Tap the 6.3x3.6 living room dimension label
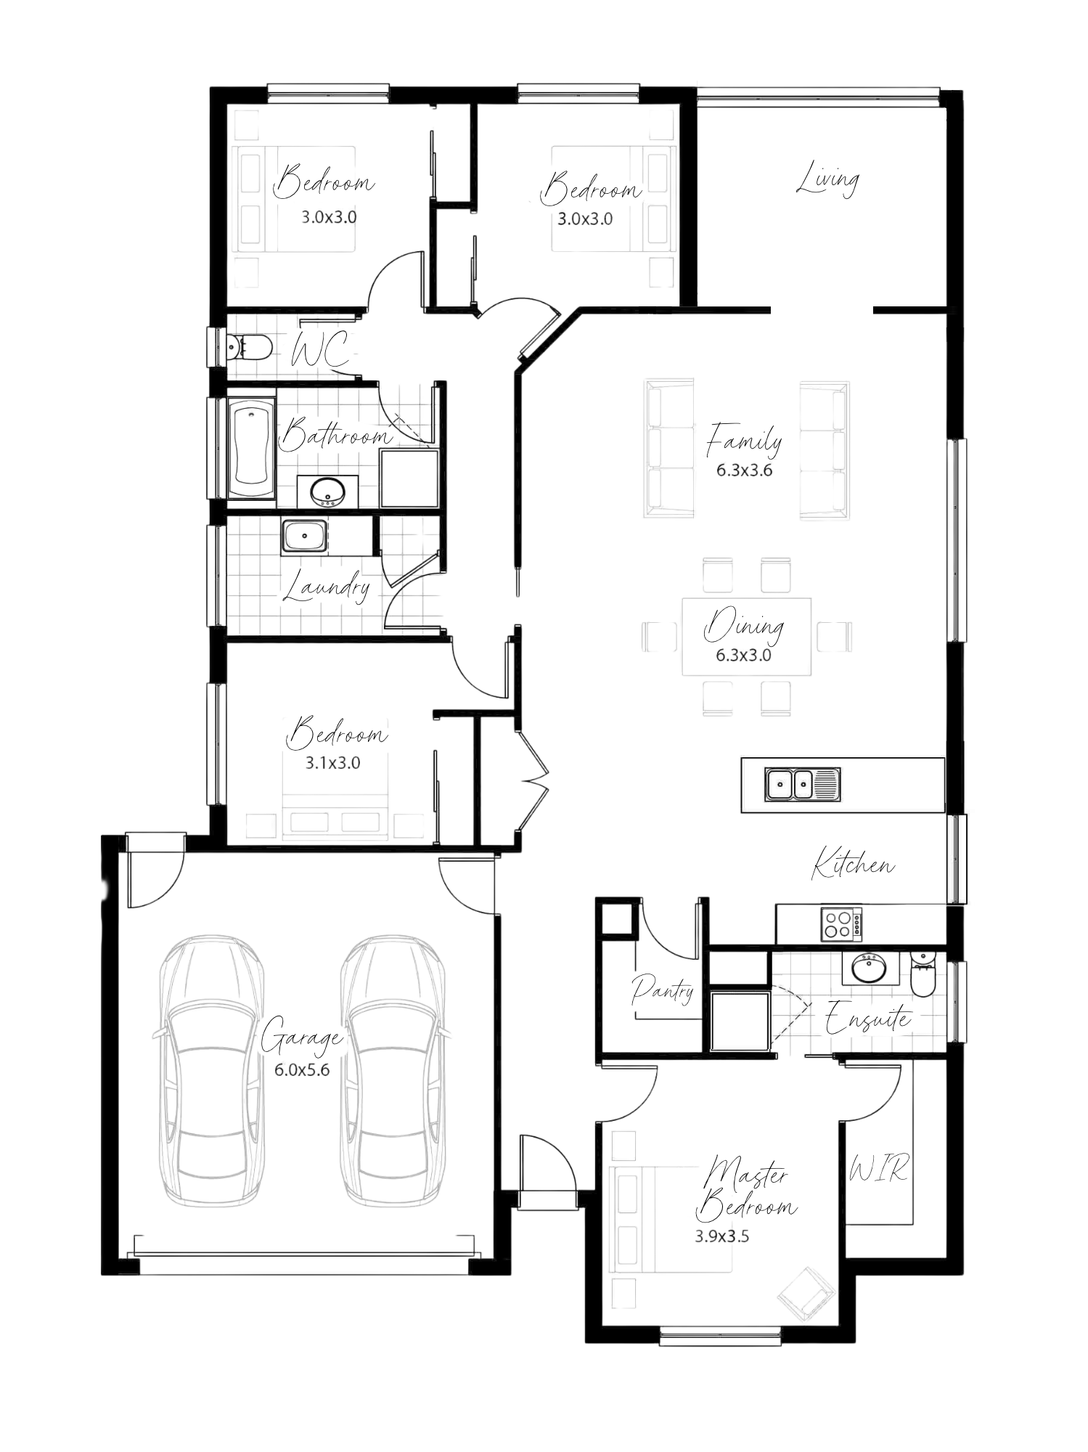[x=743, y=470]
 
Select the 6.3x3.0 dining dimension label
[x=743, y=655]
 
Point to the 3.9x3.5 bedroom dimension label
[x=721, y=1236]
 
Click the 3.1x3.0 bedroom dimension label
[x=332, y=762]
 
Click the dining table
[x=745, y=636]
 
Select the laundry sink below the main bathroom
[x=306, y=537]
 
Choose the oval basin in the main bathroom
[x=327, y=492]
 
